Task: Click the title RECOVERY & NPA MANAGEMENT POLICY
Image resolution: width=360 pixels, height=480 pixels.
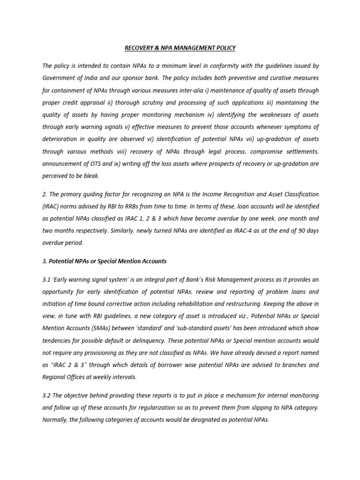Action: pyautogui.click(x=180, y=48)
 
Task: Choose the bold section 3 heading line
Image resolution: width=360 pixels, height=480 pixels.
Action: pyautogui.click(x=104, y=261)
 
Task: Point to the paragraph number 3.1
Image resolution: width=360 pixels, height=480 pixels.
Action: pyautogui.click(x=47, y=279)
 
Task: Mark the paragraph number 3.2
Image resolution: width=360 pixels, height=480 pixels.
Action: pyautogui.click(x=47, y=395)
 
